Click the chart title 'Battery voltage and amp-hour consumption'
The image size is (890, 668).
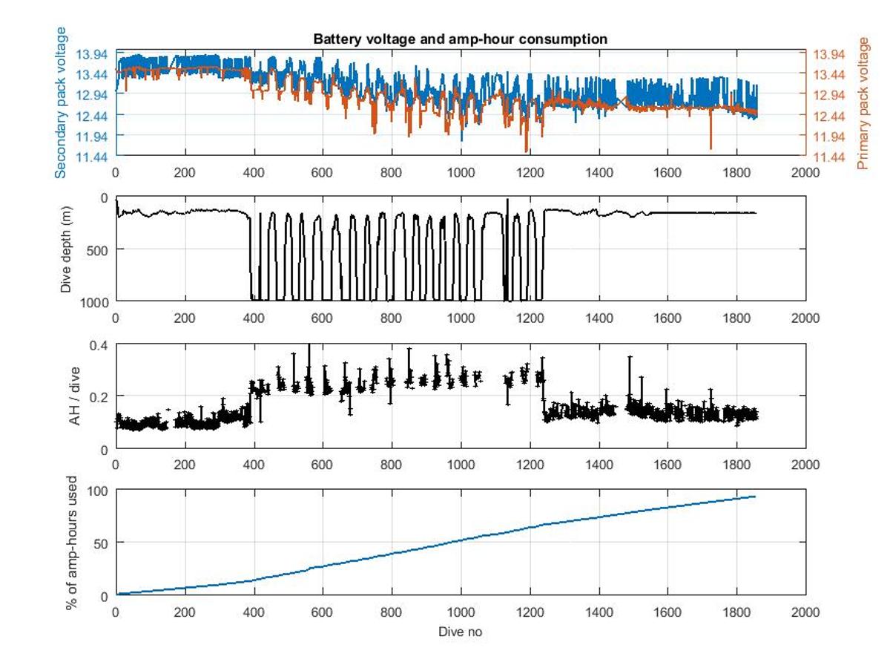point(460,39)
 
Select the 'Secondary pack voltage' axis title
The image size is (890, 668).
point(62,102)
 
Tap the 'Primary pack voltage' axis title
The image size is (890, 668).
point(863,103)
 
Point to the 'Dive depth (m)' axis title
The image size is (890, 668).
point(67,249)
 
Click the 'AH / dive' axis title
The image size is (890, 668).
point(76,396)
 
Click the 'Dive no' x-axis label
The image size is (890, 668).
point(461,632)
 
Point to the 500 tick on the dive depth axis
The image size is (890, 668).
point(98,249)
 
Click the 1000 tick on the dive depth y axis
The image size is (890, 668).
point(95,301)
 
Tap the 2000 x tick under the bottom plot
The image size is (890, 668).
point(805,612)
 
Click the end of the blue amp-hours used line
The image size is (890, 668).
point(755,496)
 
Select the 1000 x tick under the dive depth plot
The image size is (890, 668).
point(461,318)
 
